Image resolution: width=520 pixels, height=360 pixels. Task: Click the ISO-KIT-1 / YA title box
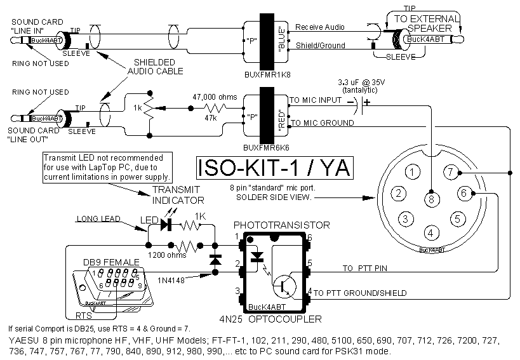click(x=272, y=169)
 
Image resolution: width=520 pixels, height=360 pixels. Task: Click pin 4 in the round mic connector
click(x=431, y=232)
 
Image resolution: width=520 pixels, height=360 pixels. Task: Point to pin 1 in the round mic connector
click(x=413, y=171)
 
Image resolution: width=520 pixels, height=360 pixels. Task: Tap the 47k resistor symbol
click(x=213, y=108)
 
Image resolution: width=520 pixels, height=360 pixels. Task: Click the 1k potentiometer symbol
click(x=149, y=109)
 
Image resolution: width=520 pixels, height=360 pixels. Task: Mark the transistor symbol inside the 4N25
click(x=283, y=285)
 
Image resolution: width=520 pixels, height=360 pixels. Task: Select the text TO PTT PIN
click(x=365, y=268)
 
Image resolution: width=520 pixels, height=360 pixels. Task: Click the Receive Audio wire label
click(x=320, y=28)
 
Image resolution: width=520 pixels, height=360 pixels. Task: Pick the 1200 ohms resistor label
click(x=164, y=255)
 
